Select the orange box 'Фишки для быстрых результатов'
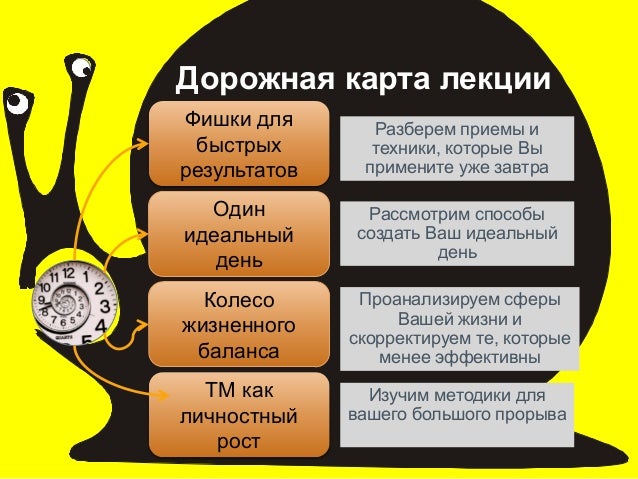[x=239, y=144]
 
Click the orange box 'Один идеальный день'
[x=239, y=235]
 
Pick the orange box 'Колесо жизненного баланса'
[x=239, y=325]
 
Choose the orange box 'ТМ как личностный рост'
[x=239, y=415]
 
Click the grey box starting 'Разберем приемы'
[x=456, y=149]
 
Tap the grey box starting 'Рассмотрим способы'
[x=456, y=234]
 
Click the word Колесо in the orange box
[x=239, y=300]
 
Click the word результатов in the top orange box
[x=239, y=169]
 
